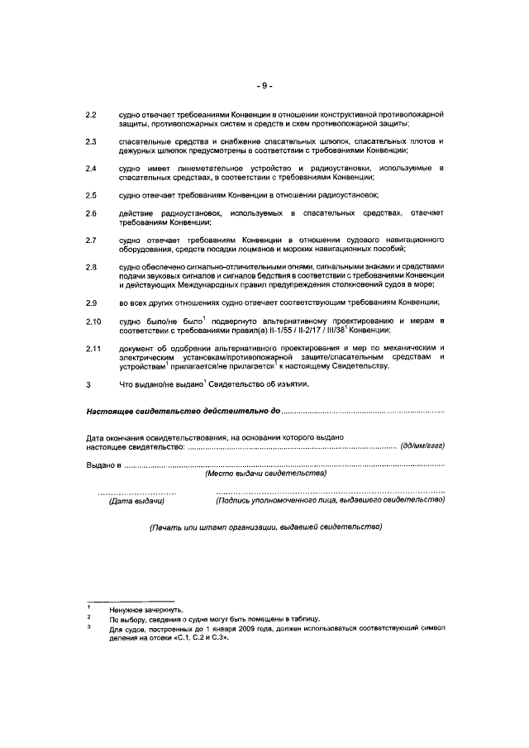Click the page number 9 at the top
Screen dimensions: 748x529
click(264, 85)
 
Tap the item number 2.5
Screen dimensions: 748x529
click(92, 195)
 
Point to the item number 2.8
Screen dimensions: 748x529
click(92, 266)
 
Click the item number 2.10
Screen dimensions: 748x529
click(93, 321)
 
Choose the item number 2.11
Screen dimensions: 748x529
click(93, 348)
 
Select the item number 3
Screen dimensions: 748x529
click(88, 384)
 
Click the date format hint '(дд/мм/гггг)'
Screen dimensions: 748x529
click(422, 446)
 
